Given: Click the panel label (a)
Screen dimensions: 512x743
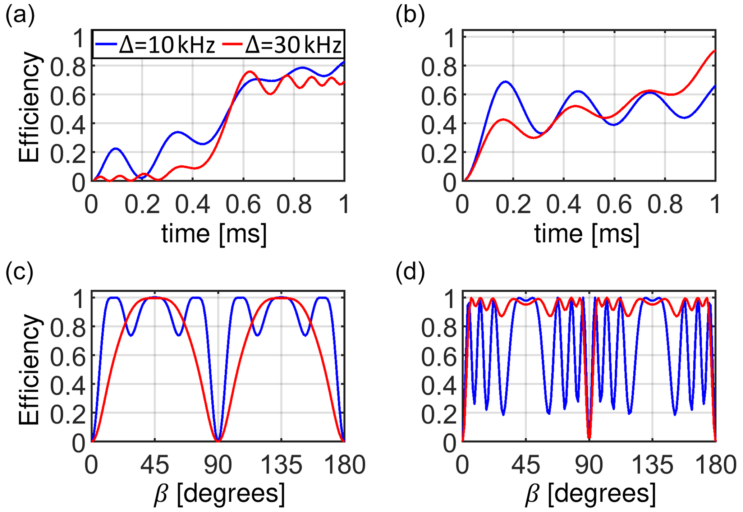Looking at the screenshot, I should [x=20, y=16].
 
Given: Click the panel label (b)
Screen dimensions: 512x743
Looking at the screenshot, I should [x=410, y=16].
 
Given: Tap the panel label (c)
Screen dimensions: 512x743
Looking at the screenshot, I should [x=19, y=272].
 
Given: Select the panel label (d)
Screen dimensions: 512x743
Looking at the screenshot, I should [x=410, y=272].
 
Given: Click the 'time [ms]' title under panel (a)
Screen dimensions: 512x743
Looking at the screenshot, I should [x=214, y=234].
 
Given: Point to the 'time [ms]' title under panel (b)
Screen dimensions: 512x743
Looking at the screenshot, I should [x=587, y=234].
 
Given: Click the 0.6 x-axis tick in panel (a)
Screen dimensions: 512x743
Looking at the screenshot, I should [x=243, y=204].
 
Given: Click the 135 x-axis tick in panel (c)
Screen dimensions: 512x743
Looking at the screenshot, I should [x=281, y=465].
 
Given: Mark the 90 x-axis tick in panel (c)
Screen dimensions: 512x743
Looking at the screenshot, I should [x=217, y=465].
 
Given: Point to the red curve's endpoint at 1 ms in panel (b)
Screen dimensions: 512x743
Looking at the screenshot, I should [x=715, y=51].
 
